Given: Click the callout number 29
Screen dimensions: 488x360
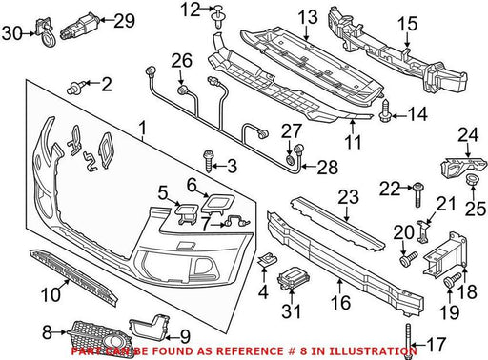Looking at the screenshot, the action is coord(125,20).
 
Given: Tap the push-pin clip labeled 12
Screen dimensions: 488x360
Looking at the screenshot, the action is coord(218,15).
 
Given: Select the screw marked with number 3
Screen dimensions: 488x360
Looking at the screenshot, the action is coord(209,161).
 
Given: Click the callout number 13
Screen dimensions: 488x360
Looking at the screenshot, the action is coord(308,17).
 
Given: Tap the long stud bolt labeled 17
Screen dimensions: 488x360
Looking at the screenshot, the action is coord(409,340).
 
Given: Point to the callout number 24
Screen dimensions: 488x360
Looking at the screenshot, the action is coord(468,134).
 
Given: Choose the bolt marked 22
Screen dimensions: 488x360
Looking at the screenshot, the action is coord(418,195).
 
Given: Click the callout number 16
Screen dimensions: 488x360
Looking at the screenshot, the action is coord(340,303).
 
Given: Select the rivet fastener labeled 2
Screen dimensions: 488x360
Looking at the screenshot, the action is coord(76,87).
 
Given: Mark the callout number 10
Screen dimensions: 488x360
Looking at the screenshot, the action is coord(51,294).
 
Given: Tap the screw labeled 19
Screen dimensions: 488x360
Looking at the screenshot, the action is coord(451,279).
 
